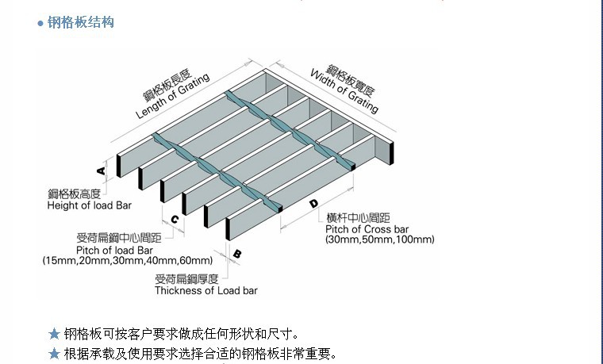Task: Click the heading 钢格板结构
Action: [81, 22]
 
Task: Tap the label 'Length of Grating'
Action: [172, 97]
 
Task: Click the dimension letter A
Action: [102, 171]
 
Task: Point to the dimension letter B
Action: [236, 255]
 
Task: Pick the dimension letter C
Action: [174, 220]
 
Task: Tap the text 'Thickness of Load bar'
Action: [206, 290]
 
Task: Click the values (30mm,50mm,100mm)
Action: [379, 239]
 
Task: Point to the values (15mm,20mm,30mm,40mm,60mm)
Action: [128, 261]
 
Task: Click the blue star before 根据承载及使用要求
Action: [54, 353]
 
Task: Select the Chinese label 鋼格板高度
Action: [74, 194]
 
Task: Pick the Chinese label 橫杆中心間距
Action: [358, 217]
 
